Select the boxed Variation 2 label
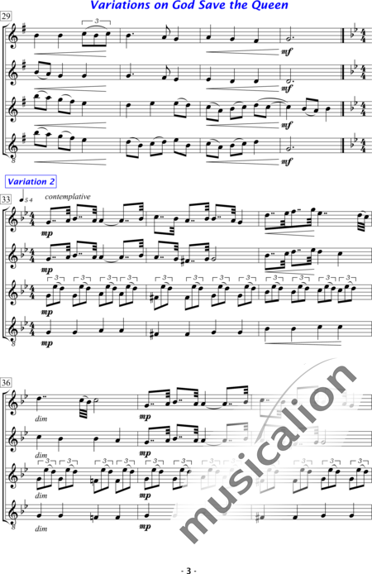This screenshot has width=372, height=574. tap(31, 182)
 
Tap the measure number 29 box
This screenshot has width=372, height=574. tap(7, 16)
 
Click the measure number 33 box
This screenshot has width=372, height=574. tap(7, 199)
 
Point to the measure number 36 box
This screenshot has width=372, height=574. tap(7, 383)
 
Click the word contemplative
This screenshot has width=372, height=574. tap(68, 197)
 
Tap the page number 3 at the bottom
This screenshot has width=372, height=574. tap(189, 571)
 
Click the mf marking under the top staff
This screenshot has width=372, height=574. tap(287, 52)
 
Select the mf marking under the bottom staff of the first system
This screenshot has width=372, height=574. tap(287, 161)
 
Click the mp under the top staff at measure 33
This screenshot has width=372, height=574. tap(47, 233)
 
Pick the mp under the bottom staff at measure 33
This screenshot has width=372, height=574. tap(47, 343)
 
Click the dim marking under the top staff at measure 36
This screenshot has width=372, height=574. tap(41, 419)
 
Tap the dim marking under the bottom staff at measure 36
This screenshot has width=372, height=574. tap(41, 529)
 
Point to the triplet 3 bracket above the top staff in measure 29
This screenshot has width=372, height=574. tap(96, 22)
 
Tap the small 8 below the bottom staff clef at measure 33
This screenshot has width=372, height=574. tap(13, 344)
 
